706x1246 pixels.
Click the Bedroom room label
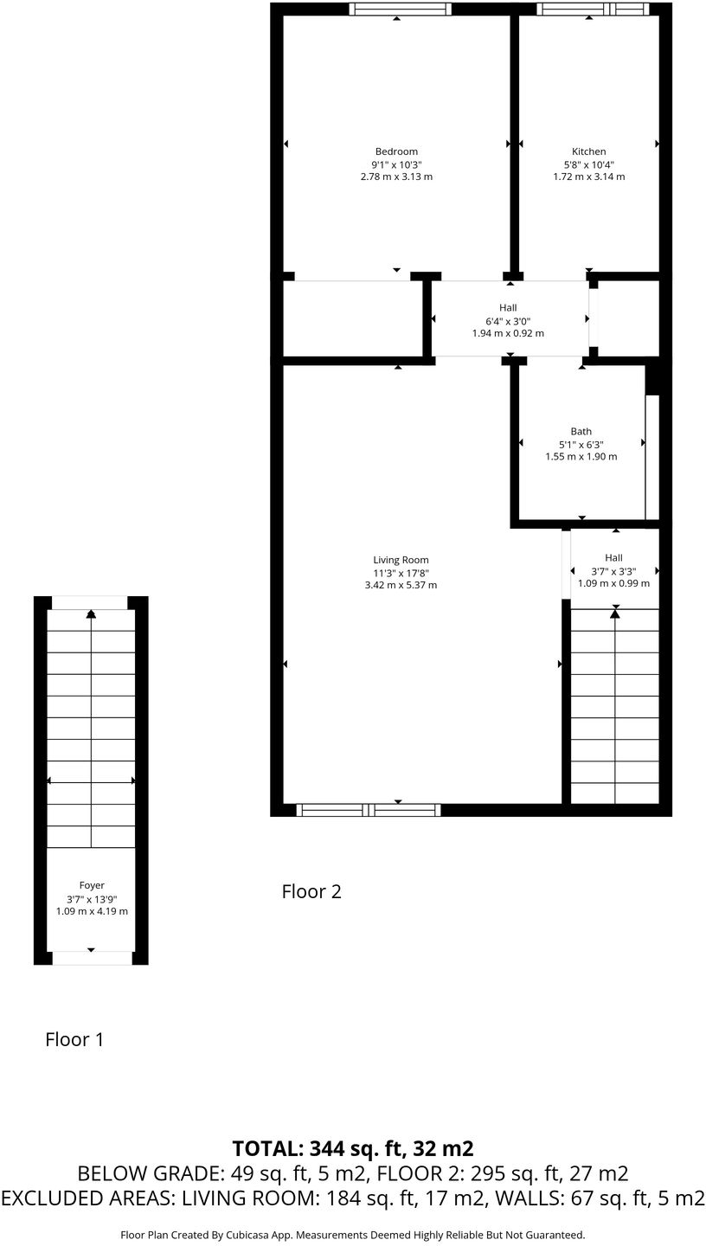point(396,151)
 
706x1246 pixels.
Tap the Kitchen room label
point(588,151)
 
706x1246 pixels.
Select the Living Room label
point(401,560)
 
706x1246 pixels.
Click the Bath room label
point(581,431)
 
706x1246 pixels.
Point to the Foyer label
point(92,885)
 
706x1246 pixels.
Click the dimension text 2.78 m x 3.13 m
point(396,177)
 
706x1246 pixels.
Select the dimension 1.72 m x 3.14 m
point(588,177)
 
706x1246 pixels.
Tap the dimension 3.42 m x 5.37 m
point(401,585)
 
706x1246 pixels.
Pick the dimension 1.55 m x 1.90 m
point(581,456)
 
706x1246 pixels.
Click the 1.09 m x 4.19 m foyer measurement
point(92,911)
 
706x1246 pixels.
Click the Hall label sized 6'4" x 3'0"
point(508,307)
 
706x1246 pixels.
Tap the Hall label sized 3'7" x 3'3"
point(613,557)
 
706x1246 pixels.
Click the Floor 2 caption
point(311,891)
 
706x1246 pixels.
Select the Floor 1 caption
point(74,1039)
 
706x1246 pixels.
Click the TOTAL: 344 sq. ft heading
point(353,1148)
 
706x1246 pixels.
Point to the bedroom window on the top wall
point(400,10)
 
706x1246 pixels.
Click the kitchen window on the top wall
point(592,10)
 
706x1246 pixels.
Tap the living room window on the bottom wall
point(369,810)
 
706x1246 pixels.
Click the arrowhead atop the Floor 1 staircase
point(91,613)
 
